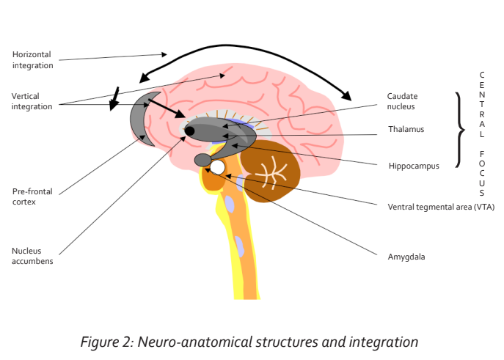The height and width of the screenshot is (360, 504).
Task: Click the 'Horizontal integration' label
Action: pos(33,59)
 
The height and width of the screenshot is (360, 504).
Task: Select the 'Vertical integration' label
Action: pos(32,101)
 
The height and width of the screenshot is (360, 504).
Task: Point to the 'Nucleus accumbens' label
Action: pos(32,255)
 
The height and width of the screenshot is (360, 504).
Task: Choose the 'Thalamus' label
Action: pos(406,130)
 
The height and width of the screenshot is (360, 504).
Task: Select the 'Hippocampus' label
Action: pos(414,166)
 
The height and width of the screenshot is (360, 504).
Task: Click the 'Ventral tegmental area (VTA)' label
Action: pos(440,207)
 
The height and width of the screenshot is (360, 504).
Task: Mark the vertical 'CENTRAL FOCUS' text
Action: pos(481,134)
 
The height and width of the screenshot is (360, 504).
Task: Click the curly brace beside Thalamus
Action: pos(460,130)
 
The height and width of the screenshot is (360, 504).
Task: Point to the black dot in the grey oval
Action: pos(189,131)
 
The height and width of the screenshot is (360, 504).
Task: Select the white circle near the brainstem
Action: pos(217,167)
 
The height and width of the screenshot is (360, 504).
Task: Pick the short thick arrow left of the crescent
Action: pos(114,99)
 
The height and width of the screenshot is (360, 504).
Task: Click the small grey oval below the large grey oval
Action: pos(202,160)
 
